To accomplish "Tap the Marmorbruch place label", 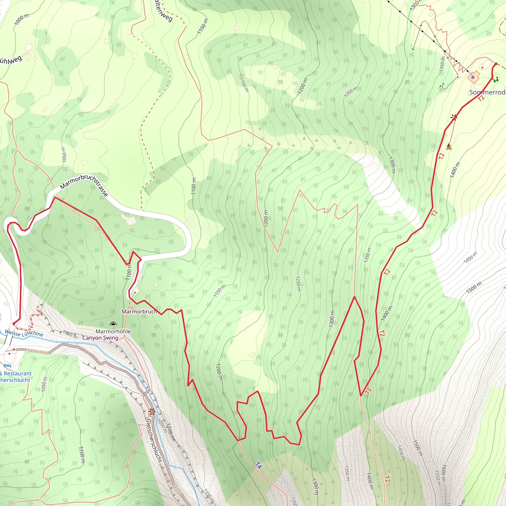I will click(x=139, y=311).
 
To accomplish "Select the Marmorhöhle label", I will click(x=113, y=331).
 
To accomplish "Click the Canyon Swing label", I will click(x=100, y=337).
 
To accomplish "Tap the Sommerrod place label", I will click(x=487, y=92).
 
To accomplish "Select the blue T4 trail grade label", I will click(x=258, y=465).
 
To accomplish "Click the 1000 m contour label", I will click(x=21, y=19).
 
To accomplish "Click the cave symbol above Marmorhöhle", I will click(x=113, y=324).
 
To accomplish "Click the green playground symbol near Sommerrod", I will click(x=496, y=79).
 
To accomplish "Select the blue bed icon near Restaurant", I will click(x=7, y=365).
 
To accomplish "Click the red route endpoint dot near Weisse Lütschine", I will click(x=14, y=324).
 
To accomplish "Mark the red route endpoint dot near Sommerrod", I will click(x=496, y=64).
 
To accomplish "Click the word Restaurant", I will click(x=18, y=374).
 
